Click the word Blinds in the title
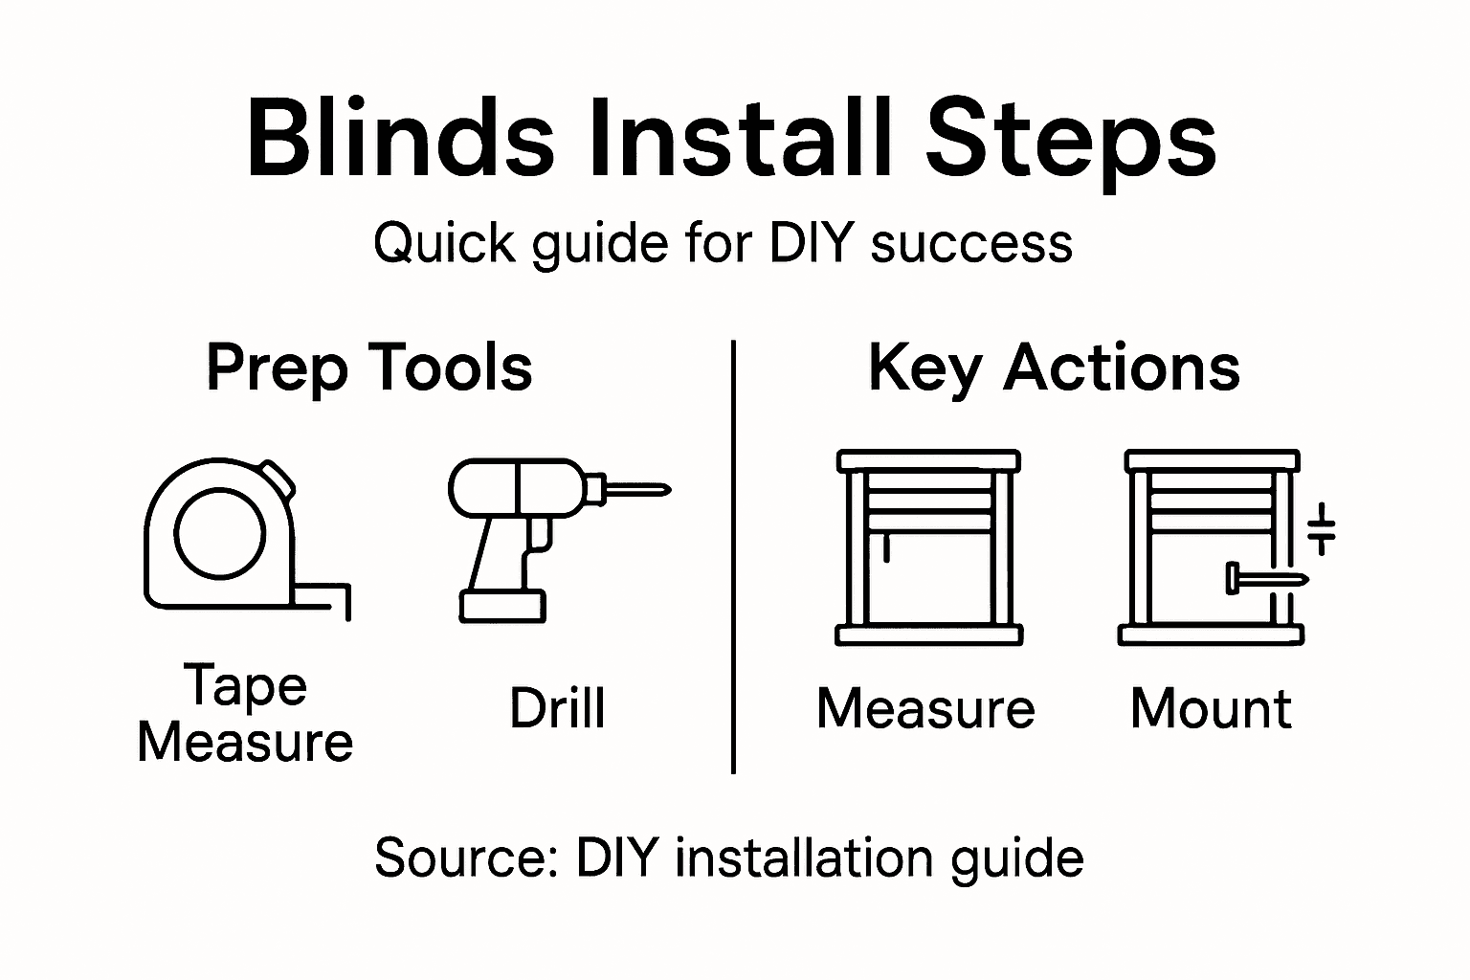click(x=400, y=139)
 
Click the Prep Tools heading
click(x=369, y=367)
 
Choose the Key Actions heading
click(x=1054, y=367)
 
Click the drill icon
click(x=536, y=536)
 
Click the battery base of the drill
click(x=502, y=606)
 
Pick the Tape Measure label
click(x=245, y=714)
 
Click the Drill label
click(x=557, y=709)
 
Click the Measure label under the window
click(x=925, y=709)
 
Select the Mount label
click(x=1211, y=709)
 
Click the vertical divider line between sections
click(x=733, y=555)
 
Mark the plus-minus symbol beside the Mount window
click(x=1321, y=528)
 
